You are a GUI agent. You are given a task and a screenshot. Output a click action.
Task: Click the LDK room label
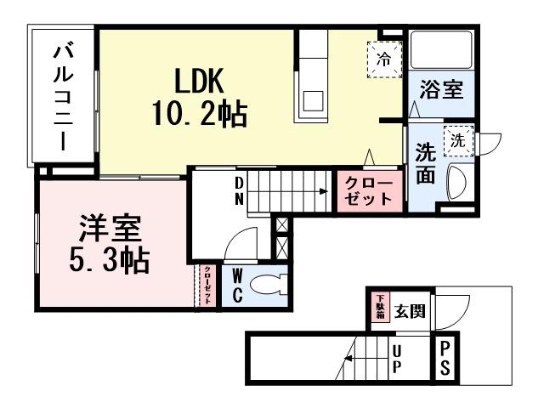tap(199, 81)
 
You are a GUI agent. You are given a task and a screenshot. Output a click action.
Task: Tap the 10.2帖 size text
tap(200, 113)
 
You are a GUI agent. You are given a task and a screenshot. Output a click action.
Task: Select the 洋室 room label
tap(110, 228)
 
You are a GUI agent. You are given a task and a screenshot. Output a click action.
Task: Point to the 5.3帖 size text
tap(109, 259)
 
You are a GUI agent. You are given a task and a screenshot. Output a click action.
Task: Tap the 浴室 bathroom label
tap(442, 90)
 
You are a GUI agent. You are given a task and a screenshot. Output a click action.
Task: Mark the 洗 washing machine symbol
tap(458, 139)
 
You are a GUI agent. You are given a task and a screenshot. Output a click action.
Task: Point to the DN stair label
tap(239, 191)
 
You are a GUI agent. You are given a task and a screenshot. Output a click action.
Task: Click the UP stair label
tap(396, 360)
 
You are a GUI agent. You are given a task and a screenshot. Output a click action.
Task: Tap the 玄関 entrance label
tap(409, 310)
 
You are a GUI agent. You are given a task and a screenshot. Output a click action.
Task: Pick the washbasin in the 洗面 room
tap(456, 180)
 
